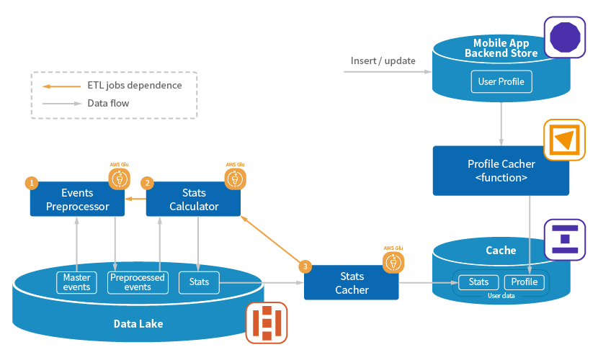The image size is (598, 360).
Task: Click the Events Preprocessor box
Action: coord(77,199)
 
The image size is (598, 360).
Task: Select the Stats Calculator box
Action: coord(193,199)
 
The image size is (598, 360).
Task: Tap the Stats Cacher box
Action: coord(352,283)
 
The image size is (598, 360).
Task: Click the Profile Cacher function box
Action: coord(501,171)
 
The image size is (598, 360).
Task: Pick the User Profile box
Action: coord(501,81)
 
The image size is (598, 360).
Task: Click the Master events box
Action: coord(76,282)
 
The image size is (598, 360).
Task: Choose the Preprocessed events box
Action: coord(138,282)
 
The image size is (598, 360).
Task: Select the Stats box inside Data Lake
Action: coord(199,282)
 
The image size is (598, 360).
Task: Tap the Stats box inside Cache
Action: coord(478,282)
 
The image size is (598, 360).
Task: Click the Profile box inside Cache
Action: coord(525,282)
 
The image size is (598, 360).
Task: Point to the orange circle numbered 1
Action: coord(32,183)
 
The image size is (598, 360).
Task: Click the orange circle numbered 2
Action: coord(147,183)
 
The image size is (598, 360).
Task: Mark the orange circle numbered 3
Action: coord(305,266)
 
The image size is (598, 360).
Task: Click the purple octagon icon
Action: coord(565,37)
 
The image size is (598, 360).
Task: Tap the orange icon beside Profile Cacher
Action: coord(564,140)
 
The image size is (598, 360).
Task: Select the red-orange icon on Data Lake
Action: coord(267,323)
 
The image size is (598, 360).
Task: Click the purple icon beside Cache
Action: coord(565,240)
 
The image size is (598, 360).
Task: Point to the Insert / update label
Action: coord(383,61)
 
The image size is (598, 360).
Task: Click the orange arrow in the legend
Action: coord(61,86)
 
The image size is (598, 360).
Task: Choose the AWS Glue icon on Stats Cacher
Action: coord(393,263)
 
